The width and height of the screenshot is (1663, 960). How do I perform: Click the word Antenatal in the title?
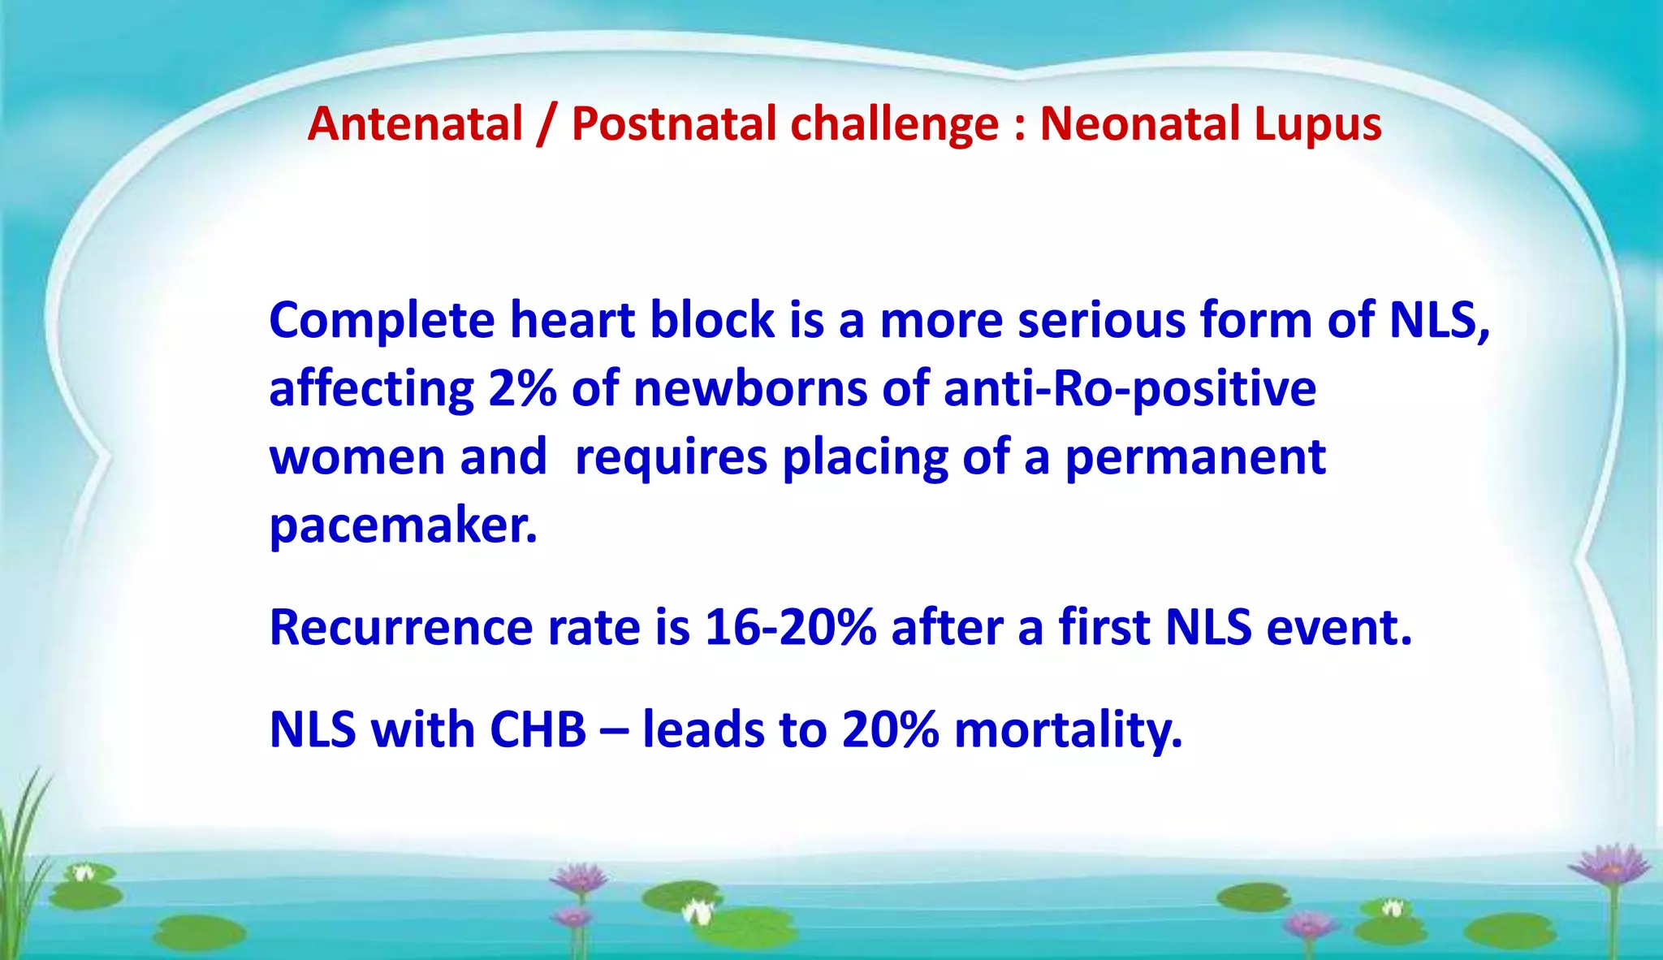(415, 124)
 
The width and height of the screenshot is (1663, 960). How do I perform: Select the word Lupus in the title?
(1317, 124)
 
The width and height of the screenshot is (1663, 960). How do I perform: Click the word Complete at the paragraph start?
(381, 320)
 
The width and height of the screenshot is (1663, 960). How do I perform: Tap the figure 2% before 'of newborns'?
(522, 388)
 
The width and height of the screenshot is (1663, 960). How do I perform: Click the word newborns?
(750, 388)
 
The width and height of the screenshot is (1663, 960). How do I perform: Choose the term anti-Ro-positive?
(1130, 390)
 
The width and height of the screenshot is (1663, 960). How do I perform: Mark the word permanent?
(1195, 458)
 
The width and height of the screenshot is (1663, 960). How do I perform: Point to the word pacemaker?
(403, 526)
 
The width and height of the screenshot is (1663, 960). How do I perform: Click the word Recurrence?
(401, 628)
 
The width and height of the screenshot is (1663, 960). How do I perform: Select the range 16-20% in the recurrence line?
(791, 628)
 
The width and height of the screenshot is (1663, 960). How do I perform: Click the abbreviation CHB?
(538, 729)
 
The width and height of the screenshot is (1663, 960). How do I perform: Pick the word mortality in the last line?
(1067, 730)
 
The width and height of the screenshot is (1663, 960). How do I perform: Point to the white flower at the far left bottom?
(83, 874)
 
